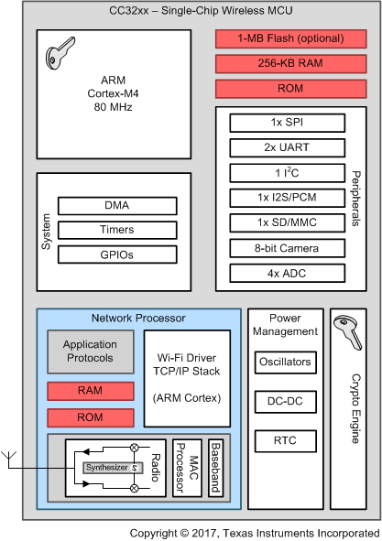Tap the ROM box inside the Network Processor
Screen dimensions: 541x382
tap(90, 417)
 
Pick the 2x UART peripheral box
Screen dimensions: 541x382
tap(284, 147)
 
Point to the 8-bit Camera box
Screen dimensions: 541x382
tap(284, 247)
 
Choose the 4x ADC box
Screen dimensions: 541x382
tap(284, 272)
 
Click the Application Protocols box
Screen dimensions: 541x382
tap(90, 352)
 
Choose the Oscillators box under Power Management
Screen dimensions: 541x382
tap(285, 362)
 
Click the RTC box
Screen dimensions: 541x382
tap(285, 439)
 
